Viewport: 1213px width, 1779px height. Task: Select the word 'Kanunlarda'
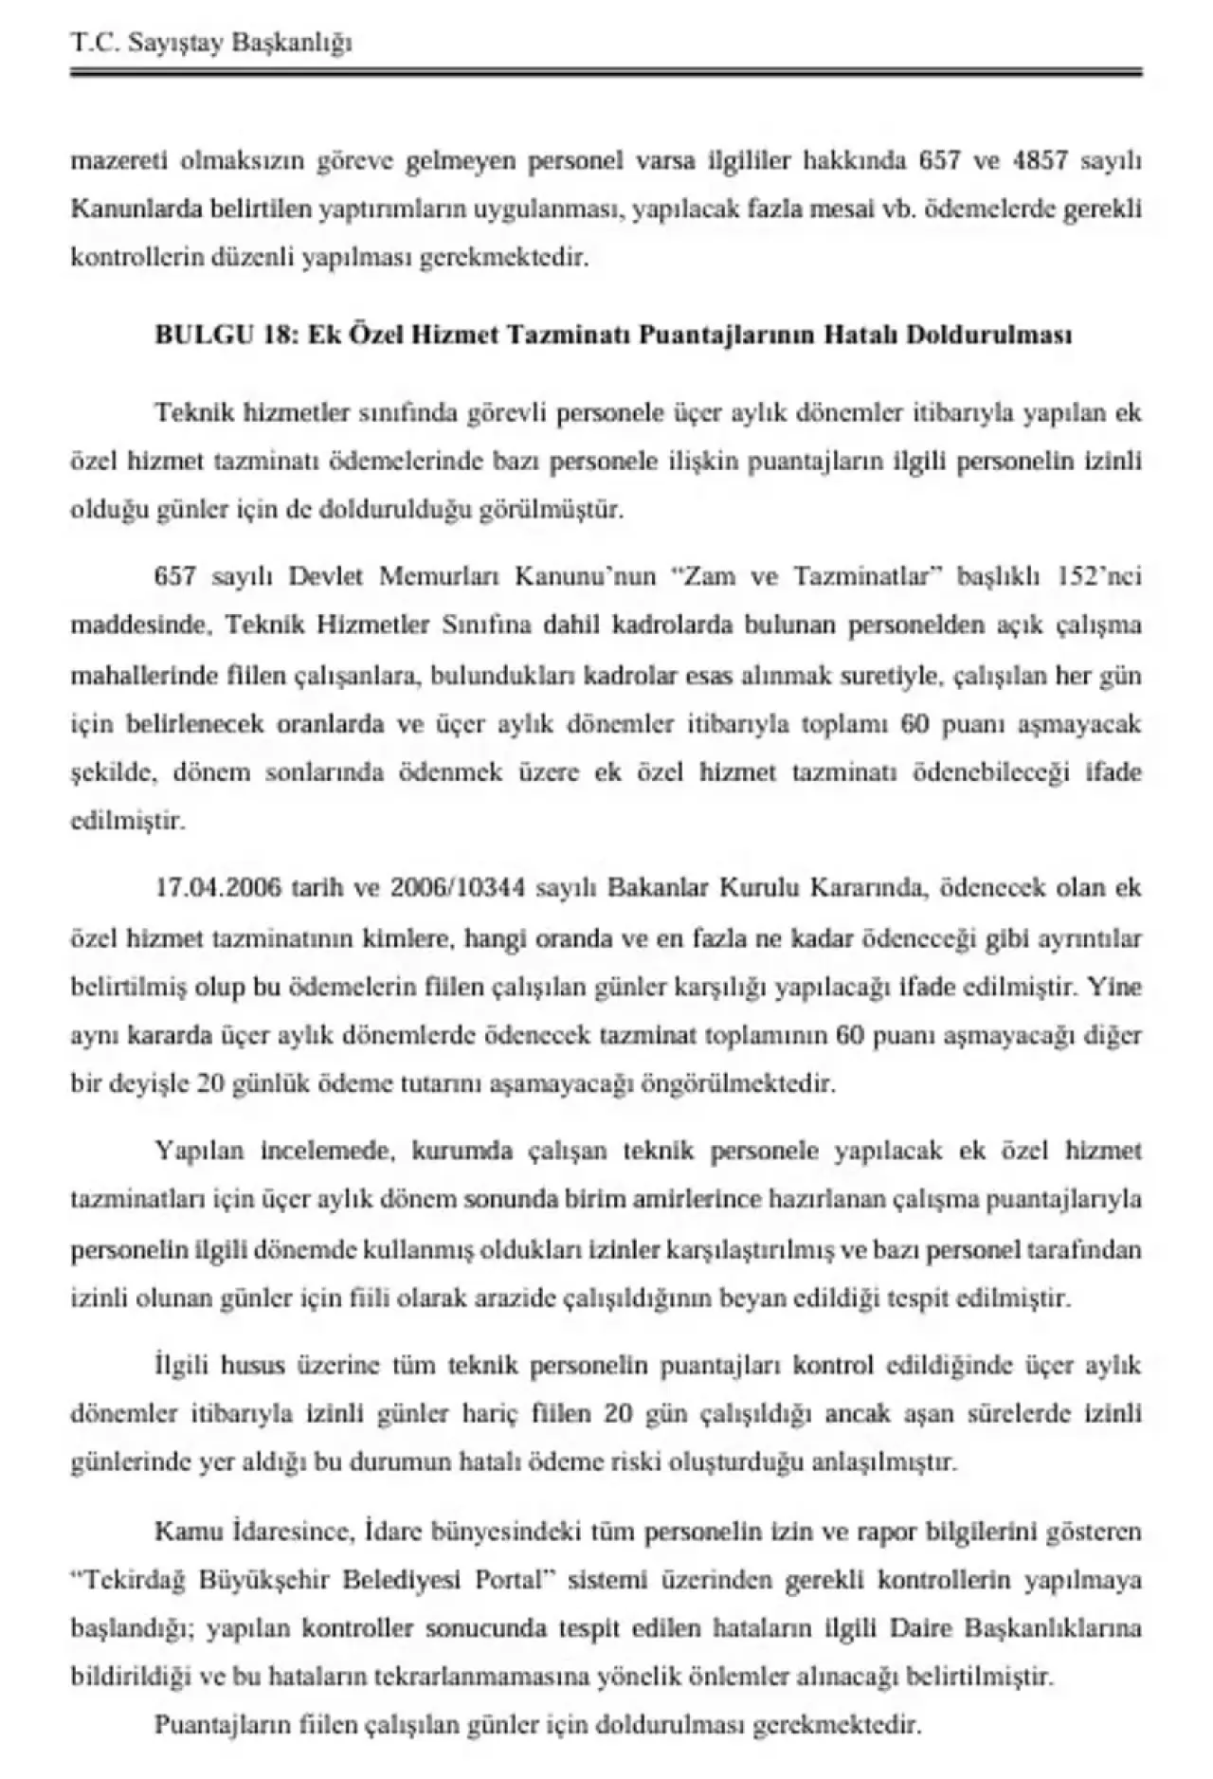[x=124, y=209]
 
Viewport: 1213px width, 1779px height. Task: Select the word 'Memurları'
[x=443, y=576]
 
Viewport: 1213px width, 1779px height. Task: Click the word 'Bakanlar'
[x=657, y=888]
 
